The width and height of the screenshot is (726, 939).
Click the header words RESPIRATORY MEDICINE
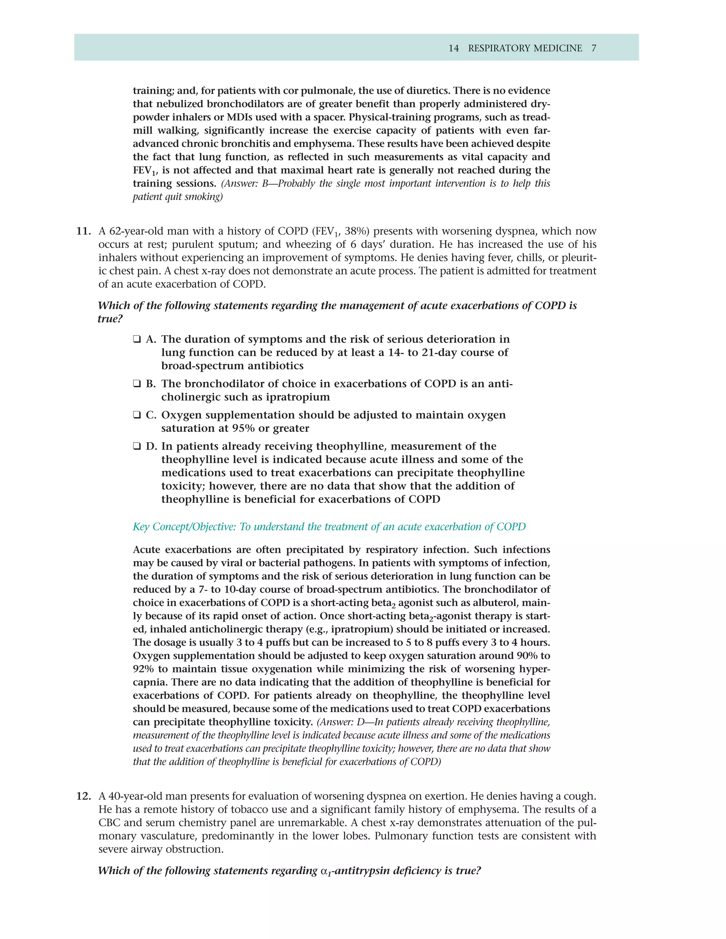point(525,48)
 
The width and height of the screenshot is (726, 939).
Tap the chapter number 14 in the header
point(453,48)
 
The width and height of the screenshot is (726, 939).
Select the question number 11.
point(83,231)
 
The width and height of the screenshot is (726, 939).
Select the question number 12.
point(83,796)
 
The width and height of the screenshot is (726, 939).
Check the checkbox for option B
point(137,384)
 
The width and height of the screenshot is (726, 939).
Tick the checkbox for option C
point(137,415)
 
